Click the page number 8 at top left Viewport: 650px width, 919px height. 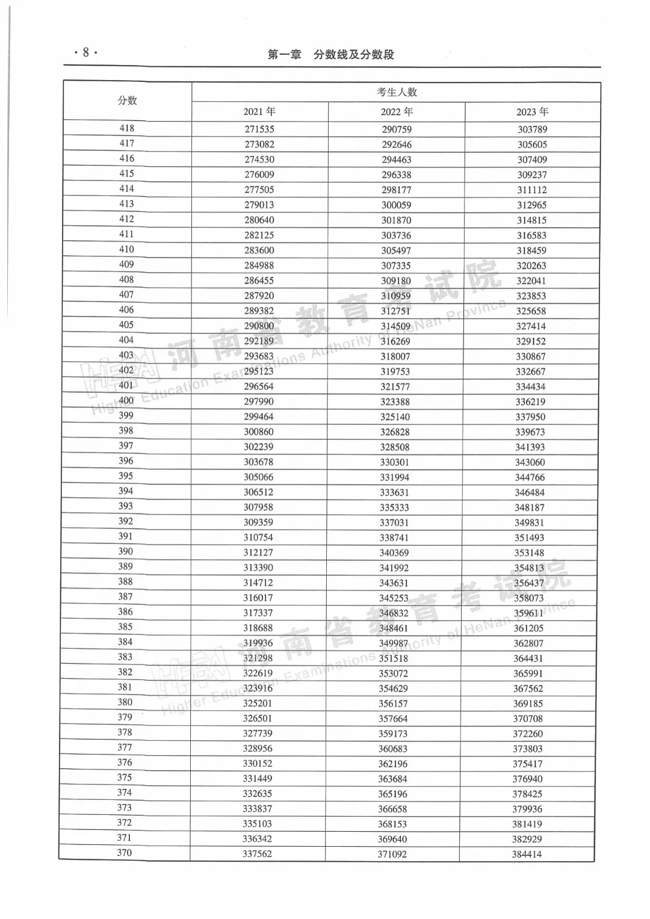85,53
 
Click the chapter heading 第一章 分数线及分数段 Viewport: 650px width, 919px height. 330,55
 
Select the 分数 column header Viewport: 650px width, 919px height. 127,101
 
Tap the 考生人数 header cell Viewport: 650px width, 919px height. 397,92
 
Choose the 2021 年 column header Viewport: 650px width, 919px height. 259,112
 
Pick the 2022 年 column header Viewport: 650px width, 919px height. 397,112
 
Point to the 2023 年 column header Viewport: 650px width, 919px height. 532,112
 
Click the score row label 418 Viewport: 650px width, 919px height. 127,128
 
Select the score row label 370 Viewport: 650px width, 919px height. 125,853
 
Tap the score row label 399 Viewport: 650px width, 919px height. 126,415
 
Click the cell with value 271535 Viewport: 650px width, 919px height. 259,129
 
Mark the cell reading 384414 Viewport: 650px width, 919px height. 527,854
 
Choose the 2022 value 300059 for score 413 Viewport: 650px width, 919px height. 397,205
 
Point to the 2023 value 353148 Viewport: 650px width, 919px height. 530,553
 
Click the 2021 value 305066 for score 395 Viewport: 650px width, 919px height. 259,477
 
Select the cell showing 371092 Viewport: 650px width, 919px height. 392,854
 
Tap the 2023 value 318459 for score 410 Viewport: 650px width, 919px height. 531,250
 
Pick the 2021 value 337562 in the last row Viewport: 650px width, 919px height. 257,854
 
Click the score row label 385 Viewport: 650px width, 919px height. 125,627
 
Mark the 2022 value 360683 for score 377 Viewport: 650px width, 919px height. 393,749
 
